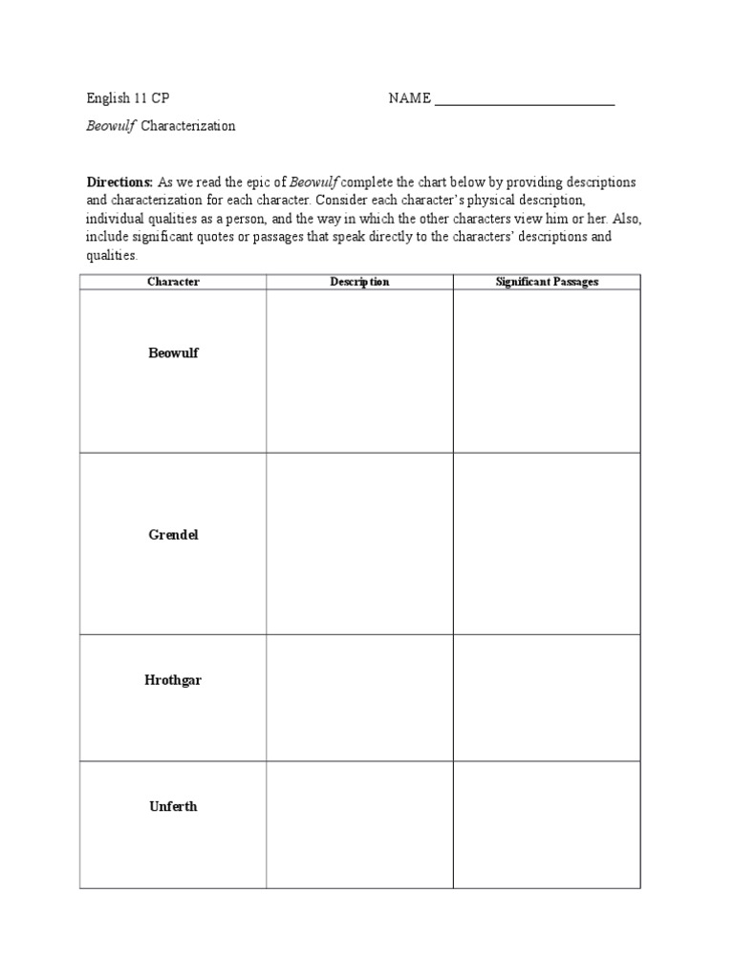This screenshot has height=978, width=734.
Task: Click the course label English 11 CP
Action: [128, 98]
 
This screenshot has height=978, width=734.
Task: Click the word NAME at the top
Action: [409, 98]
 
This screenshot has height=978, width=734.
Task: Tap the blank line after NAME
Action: [524, 100]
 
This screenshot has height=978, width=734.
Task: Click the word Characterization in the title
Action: [188, 126]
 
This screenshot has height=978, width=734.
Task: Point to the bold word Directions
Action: [119, 181]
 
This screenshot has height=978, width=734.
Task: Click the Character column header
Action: [173, 282]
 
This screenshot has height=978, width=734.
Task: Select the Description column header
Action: [359, 282]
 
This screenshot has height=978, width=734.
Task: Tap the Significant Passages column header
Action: [547, 282]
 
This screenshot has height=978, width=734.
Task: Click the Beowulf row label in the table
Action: [173, 353]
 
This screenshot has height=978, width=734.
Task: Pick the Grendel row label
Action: [173, 535]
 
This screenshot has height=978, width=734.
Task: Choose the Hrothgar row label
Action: [173, 680]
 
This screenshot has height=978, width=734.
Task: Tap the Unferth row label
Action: [173, 806]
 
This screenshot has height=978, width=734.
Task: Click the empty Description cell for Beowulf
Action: [359, 371]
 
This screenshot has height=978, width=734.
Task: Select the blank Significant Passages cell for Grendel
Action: [547, 543]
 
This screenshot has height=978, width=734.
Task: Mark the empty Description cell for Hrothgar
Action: [359, 697]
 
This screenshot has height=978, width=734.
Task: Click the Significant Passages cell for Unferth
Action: [547, 824]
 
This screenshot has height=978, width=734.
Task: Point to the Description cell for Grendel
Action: [359, 543]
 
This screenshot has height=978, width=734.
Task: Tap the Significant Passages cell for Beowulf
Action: [547, 371]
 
